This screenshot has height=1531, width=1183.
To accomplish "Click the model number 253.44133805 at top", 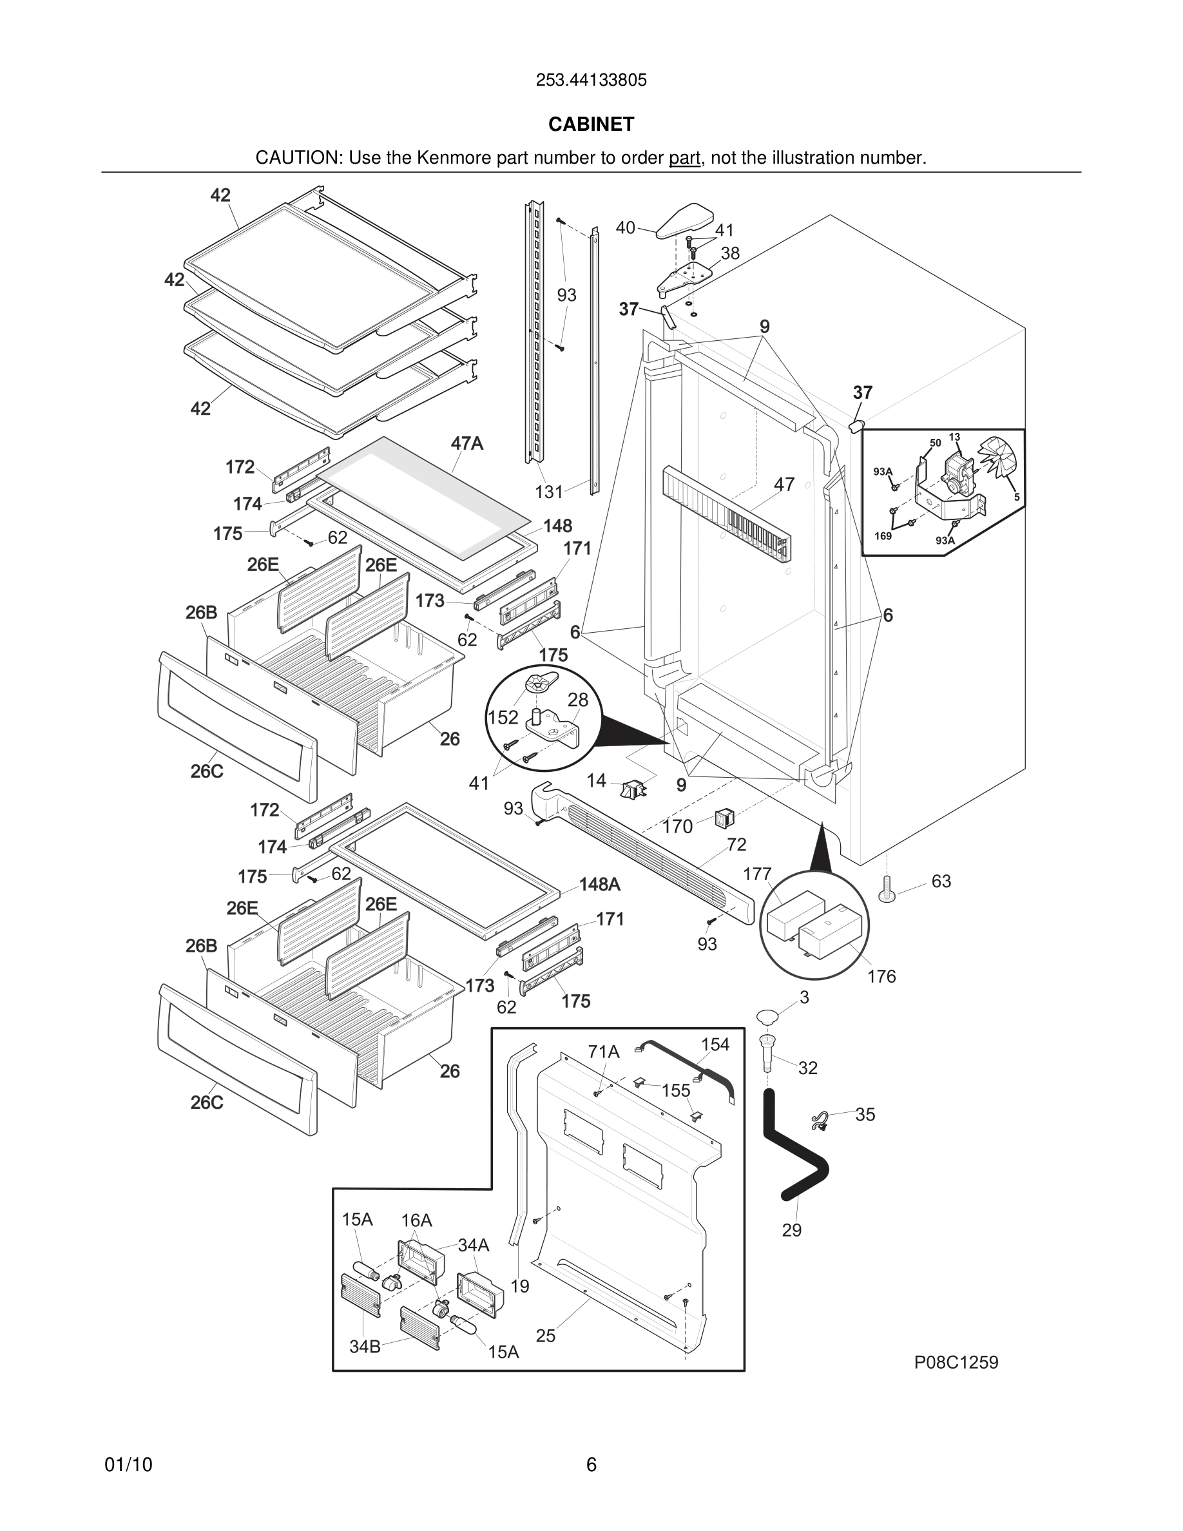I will (591, 81).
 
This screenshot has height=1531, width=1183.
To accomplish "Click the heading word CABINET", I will (591, 124).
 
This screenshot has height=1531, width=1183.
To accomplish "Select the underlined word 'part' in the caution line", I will (684, 159).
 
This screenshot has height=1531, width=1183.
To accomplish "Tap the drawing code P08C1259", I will (956, 1363).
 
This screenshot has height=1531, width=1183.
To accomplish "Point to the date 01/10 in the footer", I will (128, 1465).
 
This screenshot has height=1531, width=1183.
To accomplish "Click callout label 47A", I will (466, 444).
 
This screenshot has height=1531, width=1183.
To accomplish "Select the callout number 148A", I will (599, 885).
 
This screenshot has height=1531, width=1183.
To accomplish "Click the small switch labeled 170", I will (725, 818).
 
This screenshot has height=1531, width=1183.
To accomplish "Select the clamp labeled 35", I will (819, 1121).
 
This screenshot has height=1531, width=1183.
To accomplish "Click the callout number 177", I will (757, 874).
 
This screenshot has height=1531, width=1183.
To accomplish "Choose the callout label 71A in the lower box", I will (603, 1052).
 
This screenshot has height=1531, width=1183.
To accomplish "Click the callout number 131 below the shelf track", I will (549, 492).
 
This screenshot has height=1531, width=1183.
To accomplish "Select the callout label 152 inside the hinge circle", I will (503, 717).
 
